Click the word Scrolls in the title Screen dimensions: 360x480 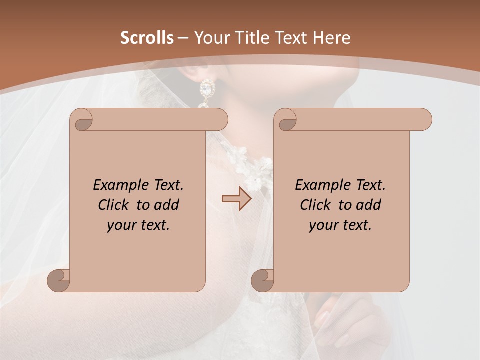(x=147, y=38)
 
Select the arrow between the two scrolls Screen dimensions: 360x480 (x=236, y=199)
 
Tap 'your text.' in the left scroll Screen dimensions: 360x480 (x=138, y=225)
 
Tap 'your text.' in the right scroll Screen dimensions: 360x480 (x=340, y=225)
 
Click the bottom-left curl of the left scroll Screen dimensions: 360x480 (x=59, y=281)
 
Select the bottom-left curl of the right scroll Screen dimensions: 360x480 (x=263, y=281)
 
